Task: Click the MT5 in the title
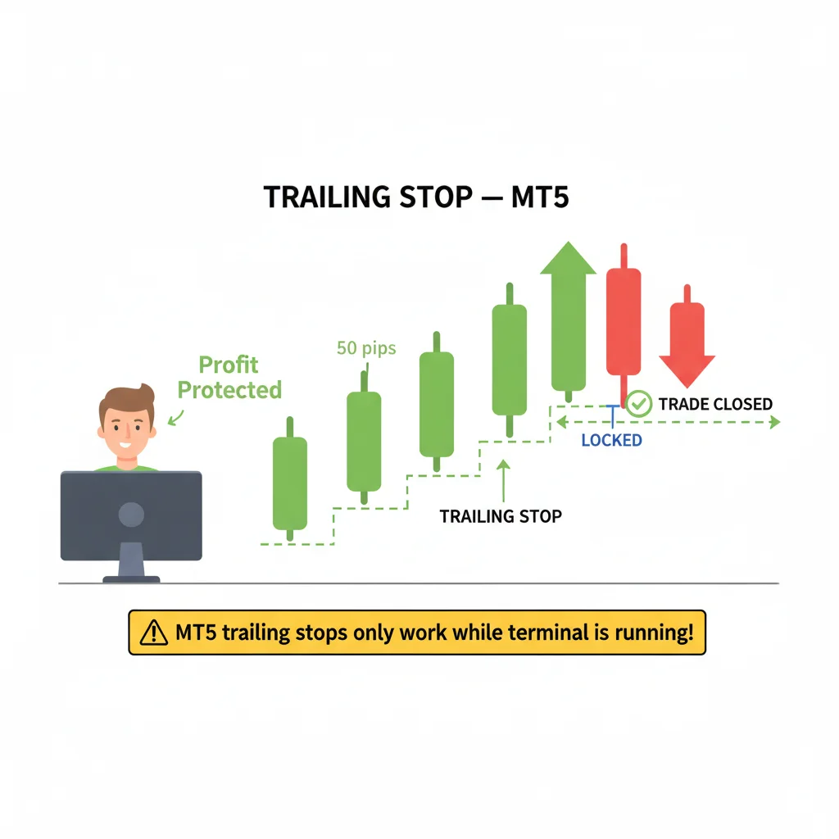tap(540, 197)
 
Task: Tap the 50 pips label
tap(366, 348)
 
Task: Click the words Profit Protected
tap(229, 377)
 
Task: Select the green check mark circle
tap(639, 404)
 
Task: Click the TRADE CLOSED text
tap(715, 404)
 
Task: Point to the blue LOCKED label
tap(611, 440)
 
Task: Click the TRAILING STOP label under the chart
tap(501, 516)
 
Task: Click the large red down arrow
tap(687, 336)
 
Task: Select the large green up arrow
tap(569, 315)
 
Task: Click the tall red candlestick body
tap(624, 321)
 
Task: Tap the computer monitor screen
tap(131, 515)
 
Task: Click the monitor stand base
tap(131, 579)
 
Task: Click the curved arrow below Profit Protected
tap(176, 418)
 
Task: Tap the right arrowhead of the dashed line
tap(775, 422)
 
